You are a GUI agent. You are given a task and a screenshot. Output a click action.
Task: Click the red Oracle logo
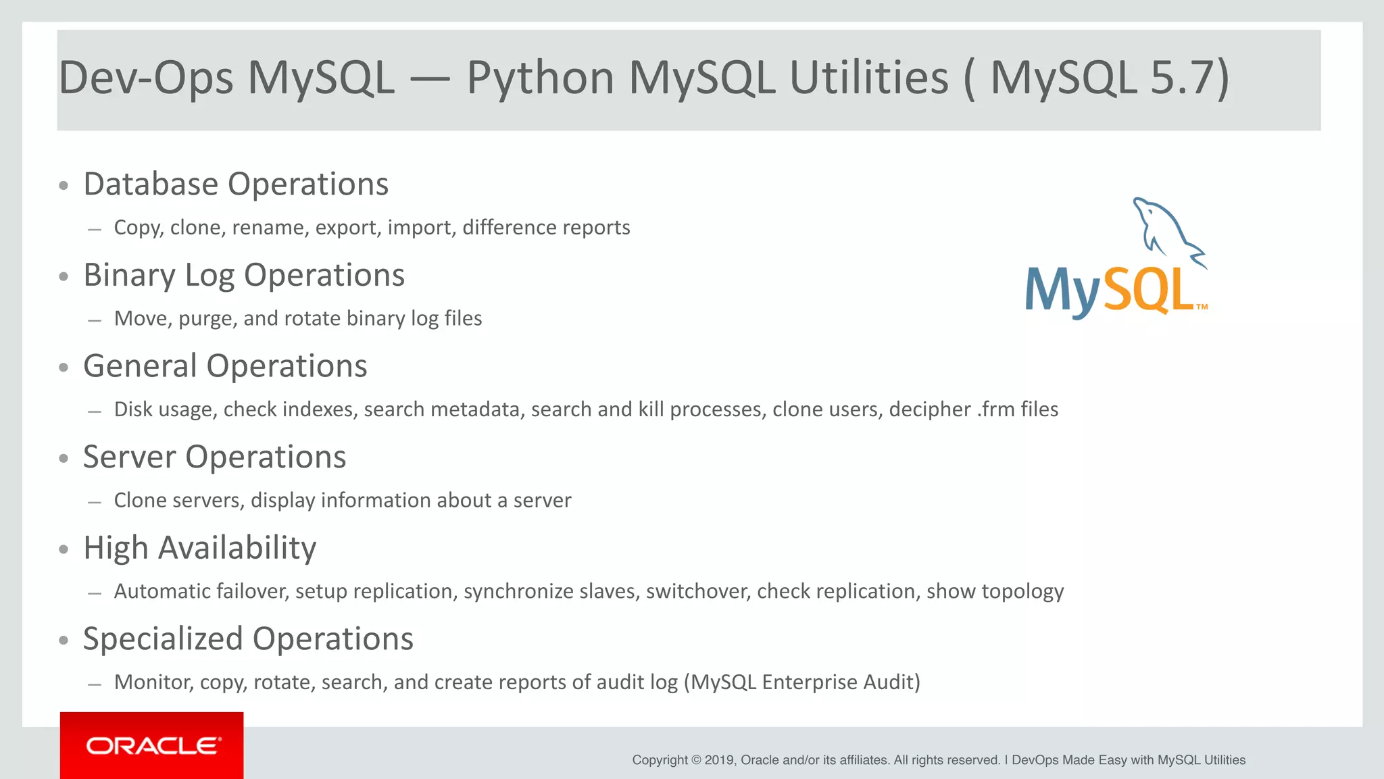pos(152,745)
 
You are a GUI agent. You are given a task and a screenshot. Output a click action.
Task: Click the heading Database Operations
pos(236,184)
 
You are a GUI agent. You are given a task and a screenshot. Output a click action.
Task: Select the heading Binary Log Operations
pos(244,275)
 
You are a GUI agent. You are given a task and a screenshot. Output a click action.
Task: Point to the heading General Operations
pos(225,366)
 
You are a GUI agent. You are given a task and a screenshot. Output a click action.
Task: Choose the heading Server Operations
pos(214,457)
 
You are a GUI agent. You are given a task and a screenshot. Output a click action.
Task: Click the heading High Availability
pos(199,548)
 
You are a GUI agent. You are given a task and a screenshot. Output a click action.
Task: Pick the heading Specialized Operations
pos(248,638)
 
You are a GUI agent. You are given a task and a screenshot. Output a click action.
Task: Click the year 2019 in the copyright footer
pos(719,760)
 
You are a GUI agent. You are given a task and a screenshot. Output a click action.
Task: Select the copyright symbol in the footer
pos(696,760)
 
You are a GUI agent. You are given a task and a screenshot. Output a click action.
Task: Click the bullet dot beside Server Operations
pos(64,458)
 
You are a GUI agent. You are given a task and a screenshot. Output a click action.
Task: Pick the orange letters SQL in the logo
pos(1149,291)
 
